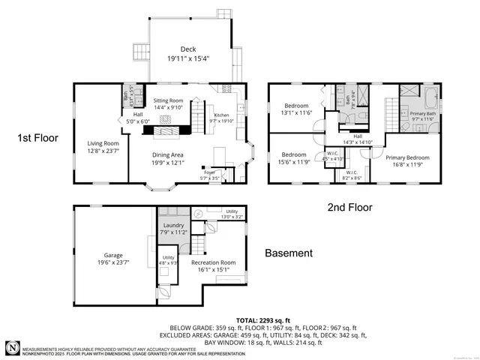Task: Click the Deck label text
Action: point(187,49)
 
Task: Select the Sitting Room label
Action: point(168,100)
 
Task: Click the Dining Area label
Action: point(169,154)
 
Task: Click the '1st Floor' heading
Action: point(34,138)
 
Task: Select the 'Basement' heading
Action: point(289,253)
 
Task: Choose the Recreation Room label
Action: point(214,262)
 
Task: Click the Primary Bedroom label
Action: point(408,158)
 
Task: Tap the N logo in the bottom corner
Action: point(13,347)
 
